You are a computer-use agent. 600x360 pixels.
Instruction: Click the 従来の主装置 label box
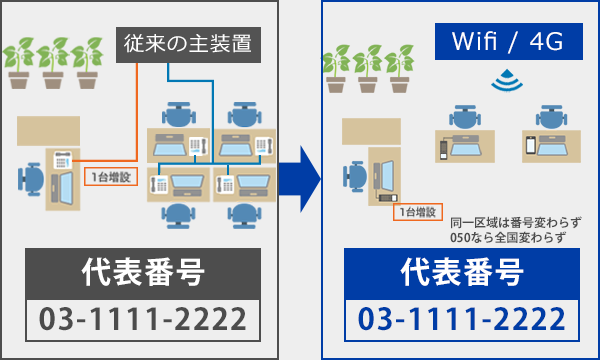[x=188, y=45]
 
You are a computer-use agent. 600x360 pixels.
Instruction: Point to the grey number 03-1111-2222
[x=141, y=320]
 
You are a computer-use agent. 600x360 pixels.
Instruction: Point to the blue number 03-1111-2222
[x=463, y=320]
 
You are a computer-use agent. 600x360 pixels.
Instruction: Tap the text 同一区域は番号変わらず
[x=516, y=222]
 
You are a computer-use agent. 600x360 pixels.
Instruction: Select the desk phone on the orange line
[x=61, y=159]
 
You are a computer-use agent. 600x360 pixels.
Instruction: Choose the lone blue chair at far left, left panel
[x=31, y=180]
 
